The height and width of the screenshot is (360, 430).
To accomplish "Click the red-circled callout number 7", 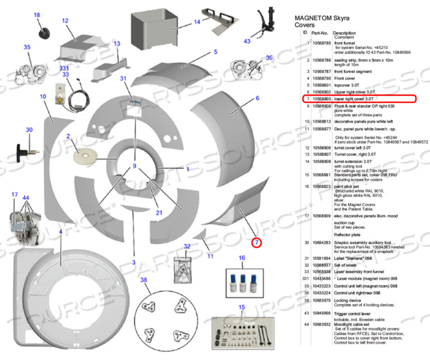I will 257,242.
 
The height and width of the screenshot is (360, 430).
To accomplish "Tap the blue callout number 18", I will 37,15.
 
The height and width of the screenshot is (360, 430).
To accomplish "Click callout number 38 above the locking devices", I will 144,280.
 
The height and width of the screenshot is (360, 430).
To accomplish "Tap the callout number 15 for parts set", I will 242,308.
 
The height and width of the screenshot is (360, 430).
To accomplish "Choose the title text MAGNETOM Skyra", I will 322,19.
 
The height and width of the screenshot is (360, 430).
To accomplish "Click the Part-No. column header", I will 320,33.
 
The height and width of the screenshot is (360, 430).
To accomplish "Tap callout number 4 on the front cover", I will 60,232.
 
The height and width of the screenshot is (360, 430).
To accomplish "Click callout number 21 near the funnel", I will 159,213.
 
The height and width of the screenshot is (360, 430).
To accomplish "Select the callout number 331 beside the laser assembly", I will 65,68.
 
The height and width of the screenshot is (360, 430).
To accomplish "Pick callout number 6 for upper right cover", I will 257,98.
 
